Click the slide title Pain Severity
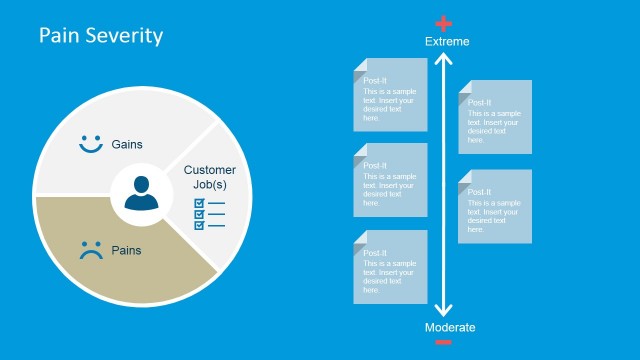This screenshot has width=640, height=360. point(100,36)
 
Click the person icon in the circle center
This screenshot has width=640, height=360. point(142,193)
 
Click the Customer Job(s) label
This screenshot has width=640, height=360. point(210,177)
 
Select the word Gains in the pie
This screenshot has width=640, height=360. point(127,145)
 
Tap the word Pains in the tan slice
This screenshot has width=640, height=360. point(125,251)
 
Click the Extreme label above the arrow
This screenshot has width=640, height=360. point(446,42)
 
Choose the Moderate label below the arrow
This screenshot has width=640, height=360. point(449,327)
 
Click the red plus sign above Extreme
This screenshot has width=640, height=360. point(445,24)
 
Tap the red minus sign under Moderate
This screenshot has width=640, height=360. point(444,343)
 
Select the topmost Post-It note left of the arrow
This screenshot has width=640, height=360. point(390,95)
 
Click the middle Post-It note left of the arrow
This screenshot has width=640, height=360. point(390,180)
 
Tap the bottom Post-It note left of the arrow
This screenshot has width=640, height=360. point(390,267)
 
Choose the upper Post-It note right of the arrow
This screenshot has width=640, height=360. point(495,117)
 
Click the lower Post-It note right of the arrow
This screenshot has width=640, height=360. point(495,206)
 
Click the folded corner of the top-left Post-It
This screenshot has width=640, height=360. point(360,65)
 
